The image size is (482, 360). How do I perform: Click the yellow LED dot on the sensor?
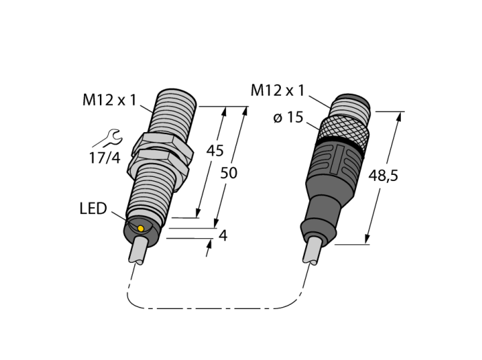[x=140, y=229]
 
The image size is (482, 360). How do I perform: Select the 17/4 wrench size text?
[x=105, y=158]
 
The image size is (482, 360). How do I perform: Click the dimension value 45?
[x=215, y=151]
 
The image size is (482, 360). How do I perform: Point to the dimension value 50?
[x=229, y=173]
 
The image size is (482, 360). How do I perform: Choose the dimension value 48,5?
[x=383, y=176]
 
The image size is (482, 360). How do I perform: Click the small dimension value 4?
[x=223, y=235]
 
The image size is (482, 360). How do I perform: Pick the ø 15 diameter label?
[x=288, y=117]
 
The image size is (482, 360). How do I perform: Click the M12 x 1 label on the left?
[x=109, y=100]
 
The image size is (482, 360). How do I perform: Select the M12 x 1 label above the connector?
[x=277, y=91]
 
